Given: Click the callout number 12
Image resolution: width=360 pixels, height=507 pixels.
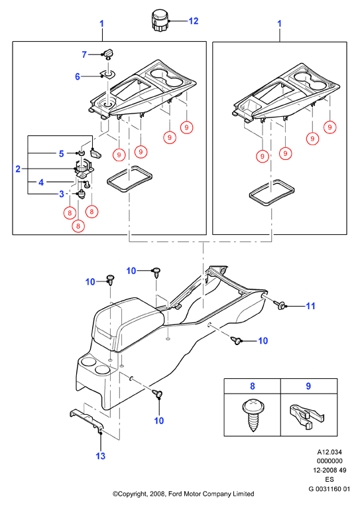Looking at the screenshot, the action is coord(193,21).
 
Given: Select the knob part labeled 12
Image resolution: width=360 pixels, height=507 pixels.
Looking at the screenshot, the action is coord(160,21).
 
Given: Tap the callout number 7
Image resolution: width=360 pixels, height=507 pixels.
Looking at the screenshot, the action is coord(84,54).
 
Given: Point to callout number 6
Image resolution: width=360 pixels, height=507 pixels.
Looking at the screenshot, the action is coord(78,76).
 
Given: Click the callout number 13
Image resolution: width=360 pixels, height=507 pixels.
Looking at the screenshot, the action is coord(101,456).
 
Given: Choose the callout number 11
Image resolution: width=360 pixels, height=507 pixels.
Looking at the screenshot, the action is coord(310,306).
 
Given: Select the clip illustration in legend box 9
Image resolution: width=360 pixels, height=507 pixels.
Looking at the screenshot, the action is coord(307,417).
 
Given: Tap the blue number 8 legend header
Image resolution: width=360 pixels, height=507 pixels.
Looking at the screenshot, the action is coord(253,386).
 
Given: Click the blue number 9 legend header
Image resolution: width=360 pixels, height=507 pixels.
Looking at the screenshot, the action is coord(308,386).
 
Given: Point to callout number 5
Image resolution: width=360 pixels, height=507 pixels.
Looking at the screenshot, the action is coord(62,153).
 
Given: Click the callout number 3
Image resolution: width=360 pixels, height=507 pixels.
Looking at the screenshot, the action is coord(62,194).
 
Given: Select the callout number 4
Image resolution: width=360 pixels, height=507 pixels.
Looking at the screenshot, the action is coord(41,182).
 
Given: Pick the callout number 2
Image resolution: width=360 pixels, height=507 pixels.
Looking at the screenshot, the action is coord(18,169).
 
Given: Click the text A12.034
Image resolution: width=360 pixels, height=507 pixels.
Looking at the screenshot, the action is coord(330,452).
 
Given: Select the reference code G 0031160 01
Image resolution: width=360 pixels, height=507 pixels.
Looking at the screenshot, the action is coord(329,488).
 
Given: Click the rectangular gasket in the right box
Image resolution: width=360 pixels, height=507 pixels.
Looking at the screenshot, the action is coord(272,192).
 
